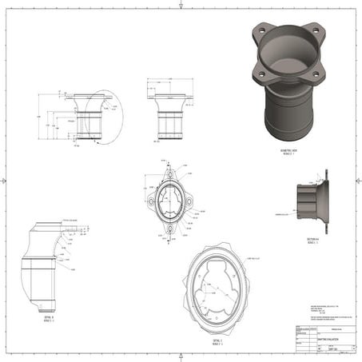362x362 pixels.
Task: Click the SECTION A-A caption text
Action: click(313, 239)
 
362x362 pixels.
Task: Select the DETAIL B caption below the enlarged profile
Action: click(46, 317)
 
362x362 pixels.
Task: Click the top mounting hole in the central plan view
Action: click(169, 172)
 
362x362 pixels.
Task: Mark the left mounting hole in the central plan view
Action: click(149, 201)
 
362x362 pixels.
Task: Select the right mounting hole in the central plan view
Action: click(189, 201)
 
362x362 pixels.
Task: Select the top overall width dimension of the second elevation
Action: click(169, 80)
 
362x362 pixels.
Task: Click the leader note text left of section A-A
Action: click(284, 214)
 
